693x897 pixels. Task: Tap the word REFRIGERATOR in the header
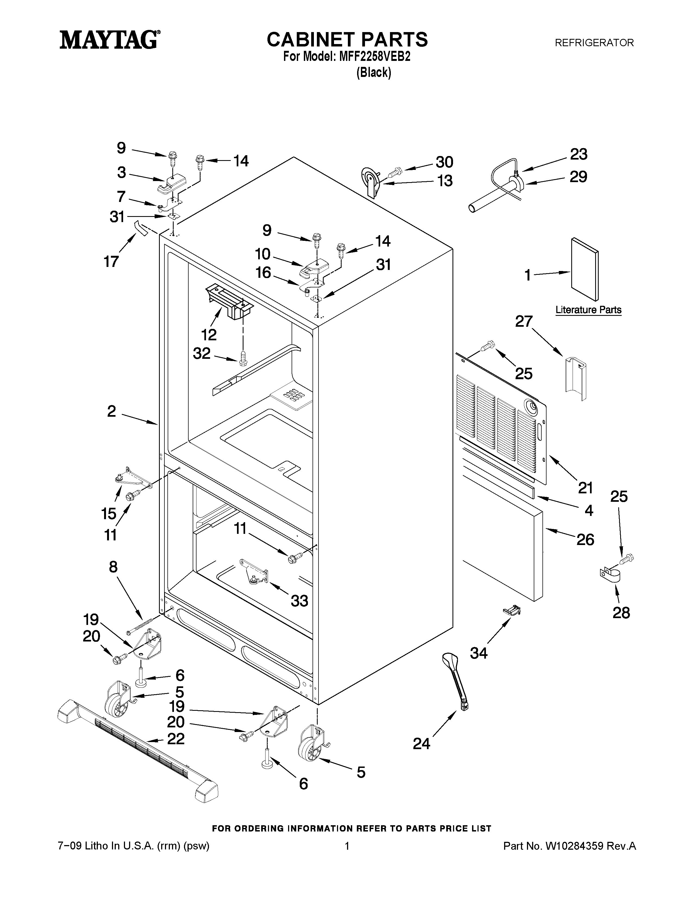(594, 43)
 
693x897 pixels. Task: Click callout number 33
(299, 601)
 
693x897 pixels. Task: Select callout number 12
(209, 335)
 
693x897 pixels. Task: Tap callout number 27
(524, 321)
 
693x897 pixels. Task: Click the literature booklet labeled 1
(585, 269)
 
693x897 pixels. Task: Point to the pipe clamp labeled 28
(610, 575)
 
